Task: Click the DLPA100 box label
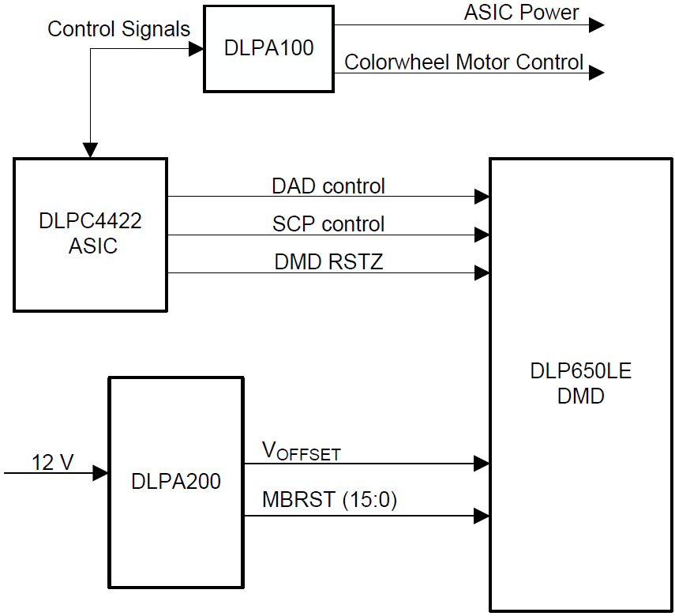click(268, 48)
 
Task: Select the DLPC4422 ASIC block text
click(90, 234)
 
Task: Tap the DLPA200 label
click(176, 480)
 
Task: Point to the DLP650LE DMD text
click(581, 383)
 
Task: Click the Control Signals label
click(118, 29)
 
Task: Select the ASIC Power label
click(521, 13)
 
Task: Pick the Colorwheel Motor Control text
click(464, 62)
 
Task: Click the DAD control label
click(328, 186)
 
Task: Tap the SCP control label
click(328, 224)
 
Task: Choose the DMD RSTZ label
click(328, 261)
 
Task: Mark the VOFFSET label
click(301, 452)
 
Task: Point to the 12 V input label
click(52, 462)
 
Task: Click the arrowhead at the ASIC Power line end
click(597, 25)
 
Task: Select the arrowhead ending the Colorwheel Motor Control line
click(597, 73)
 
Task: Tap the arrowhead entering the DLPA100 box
click(196, 49)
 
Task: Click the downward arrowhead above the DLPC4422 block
click(91, 150)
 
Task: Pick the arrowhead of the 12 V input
click(101, 473)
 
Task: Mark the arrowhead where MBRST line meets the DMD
click(482, 516)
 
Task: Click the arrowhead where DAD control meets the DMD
click(482, 197)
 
